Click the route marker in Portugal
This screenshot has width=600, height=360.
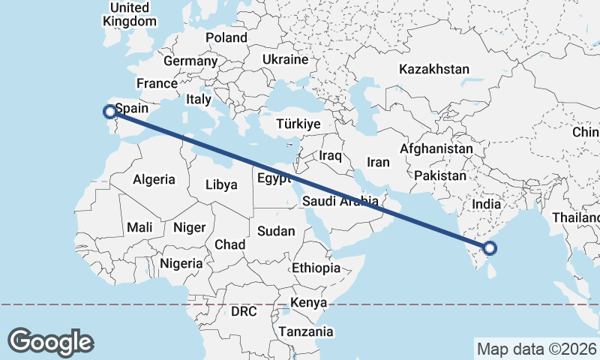109,112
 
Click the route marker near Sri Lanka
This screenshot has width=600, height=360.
491,248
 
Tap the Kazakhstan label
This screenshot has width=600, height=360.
434,69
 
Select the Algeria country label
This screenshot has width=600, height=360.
154,179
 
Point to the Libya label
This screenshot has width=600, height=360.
221,184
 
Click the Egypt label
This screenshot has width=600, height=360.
273,178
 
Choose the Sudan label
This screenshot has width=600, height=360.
276,231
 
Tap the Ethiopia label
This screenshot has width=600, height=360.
316,268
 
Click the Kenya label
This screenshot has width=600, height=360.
308,302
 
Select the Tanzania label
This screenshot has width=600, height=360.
305,331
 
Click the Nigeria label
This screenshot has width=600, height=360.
181,263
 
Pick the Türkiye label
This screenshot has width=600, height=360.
298,124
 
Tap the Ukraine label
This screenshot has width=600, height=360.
286,59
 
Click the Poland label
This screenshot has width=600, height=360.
226,37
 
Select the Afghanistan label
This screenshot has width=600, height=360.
436,148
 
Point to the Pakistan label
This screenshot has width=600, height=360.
439,175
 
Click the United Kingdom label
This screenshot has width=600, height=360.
130,14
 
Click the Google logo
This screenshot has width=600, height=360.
50,341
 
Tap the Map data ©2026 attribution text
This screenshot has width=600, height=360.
536,349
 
